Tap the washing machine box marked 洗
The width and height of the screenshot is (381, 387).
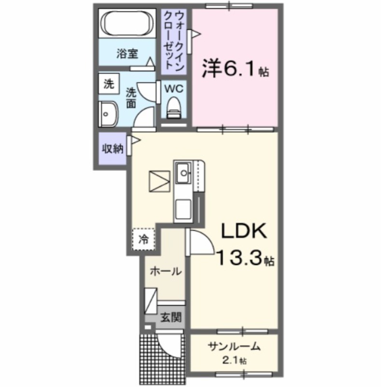point(110,85)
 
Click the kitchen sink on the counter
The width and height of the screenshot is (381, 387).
point(183,172)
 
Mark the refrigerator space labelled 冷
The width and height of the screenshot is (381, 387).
point(143,238)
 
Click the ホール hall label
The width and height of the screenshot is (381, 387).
point(165,271)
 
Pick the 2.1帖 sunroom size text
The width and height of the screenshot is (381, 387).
point(234,360)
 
